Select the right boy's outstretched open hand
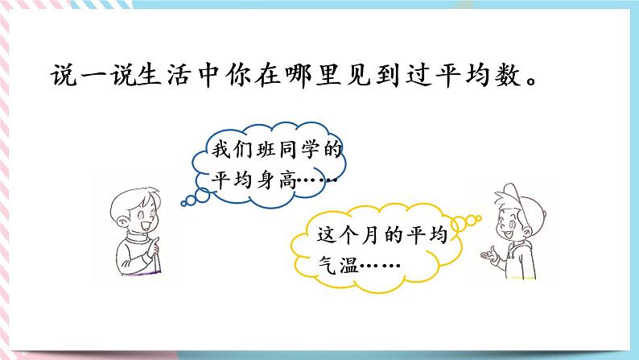(x=484, y=257)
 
